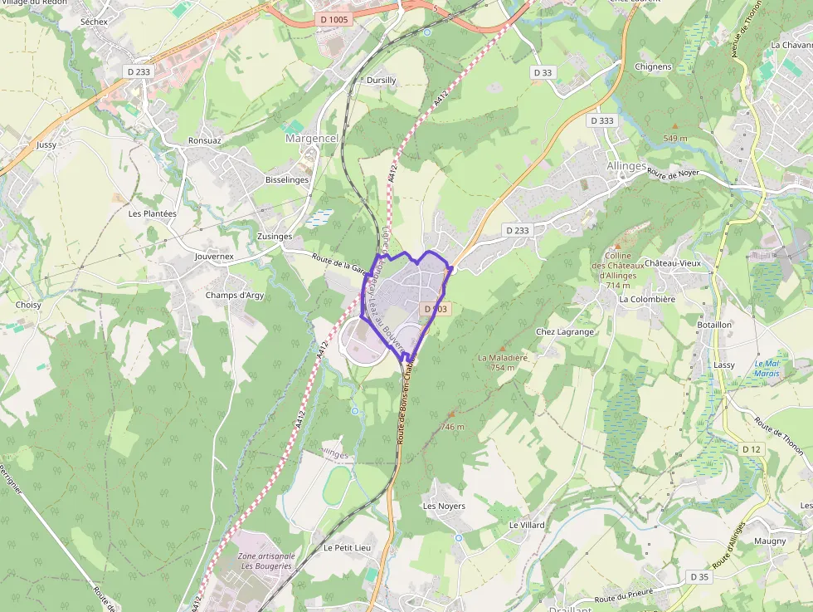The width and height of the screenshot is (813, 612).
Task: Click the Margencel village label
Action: pos(312,139)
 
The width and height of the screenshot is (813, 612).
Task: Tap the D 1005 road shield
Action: pos(333,18)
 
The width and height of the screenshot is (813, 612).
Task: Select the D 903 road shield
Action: pos(436,309)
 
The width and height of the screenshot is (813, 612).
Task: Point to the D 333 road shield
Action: pos(602,120)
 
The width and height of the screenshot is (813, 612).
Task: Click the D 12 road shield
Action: pos(751,449)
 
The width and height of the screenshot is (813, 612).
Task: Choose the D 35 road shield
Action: pos(699,576)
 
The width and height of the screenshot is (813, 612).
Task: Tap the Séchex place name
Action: pos(95,21)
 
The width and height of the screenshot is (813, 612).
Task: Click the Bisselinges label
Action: pos(286,179)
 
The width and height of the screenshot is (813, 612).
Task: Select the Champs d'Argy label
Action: pos(234,296)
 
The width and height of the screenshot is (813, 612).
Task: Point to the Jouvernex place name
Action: pos(214,257)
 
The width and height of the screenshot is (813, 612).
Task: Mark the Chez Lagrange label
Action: pos(565,331)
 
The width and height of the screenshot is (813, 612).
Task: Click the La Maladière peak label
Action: pos(503,358)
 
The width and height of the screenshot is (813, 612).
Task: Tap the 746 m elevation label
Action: pos(452,427)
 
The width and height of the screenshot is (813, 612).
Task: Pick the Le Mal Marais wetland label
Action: pos(767,369)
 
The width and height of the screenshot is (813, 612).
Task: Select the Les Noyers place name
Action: pos(444,506)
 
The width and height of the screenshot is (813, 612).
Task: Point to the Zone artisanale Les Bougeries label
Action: pos(265,561)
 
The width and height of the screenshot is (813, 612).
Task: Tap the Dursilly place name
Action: pos(382,81)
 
